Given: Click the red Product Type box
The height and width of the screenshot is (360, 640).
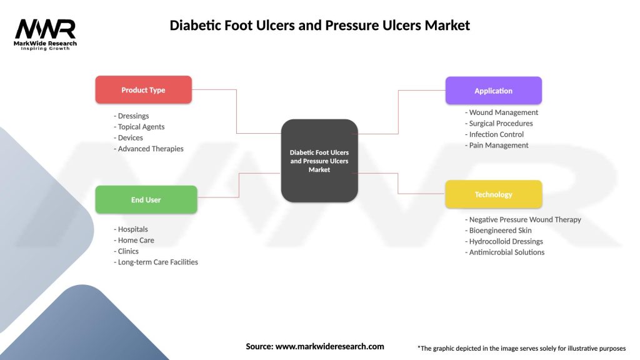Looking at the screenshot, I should click(x=143, y=89).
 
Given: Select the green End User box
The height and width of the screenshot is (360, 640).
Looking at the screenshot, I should click(x=146, y=199).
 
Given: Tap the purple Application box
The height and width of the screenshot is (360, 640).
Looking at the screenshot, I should click(x=493, y=91).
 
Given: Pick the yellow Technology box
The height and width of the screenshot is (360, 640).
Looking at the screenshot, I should click(x=493, y=194).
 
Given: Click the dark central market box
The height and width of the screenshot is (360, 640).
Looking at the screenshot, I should click(x=319, y=161).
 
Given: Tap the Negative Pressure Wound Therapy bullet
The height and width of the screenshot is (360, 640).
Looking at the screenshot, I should click(x=523, y=219).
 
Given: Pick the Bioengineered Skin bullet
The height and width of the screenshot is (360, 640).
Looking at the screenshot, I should click(x=498, y=231).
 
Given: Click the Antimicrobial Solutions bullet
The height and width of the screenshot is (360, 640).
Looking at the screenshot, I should click(x=504, y=252).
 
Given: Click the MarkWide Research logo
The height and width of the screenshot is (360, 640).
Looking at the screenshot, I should click(x=46, y=34).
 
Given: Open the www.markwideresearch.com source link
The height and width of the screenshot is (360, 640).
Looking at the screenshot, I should click(x=329, y=346).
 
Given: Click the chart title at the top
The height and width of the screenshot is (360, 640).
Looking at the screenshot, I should click(x=319, y=26).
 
